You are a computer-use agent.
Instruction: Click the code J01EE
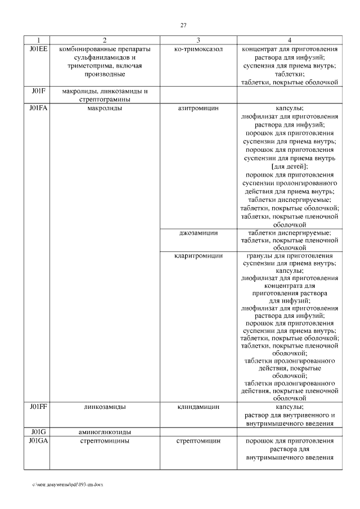click(37, 49)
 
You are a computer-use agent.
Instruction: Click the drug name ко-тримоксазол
click(198, 49)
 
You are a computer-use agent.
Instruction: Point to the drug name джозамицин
click(198, 233)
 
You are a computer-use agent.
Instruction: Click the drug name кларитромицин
click(198, 255)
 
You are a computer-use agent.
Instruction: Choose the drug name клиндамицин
click(198, 406)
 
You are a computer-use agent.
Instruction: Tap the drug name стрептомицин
click(198, 440)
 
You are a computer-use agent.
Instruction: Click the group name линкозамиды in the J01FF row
click(105, 406)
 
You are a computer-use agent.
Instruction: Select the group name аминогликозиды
click(105, 431)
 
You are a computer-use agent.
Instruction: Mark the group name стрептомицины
click(105, 440)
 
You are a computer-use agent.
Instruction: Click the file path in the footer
click(67, 484)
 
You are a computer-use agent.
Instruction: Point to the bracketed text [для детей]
click(289, 166)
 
